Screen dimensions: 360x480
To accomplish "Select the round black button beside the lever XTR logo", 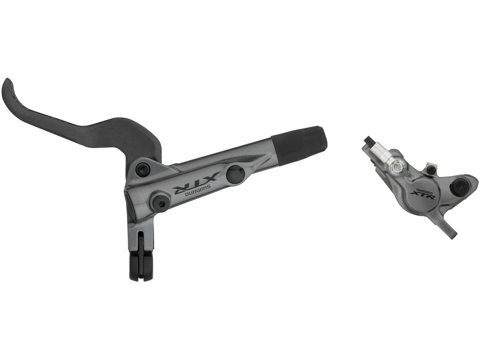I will (235, 172).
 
